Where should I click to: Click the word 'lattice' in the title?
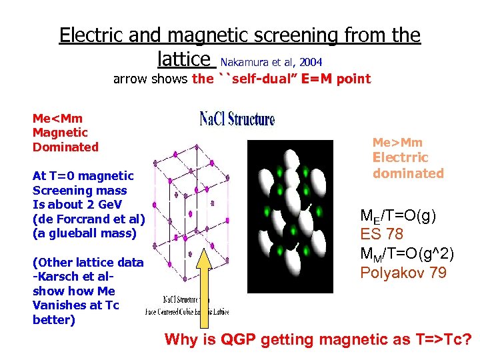point(185,59)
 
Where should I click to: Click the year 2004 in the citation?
point(311,62)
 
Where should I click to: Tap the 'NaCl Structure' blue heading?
point(237,119)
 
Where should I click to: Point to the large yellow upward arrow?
point(205,287)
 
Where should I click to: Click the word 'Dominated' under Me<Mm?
point(65,147)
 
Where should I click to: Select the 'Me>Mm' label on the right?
point(397,143)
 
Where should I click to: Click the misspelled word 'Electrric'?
point(400,158)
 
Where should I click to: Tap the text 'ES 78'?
point(382,234)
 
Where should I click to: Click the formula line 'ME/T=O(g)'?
point(398,215)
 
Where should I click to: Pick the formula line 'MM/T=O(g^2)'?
point(407,253)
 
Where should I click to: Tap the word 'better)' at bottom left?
point(54,320)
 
